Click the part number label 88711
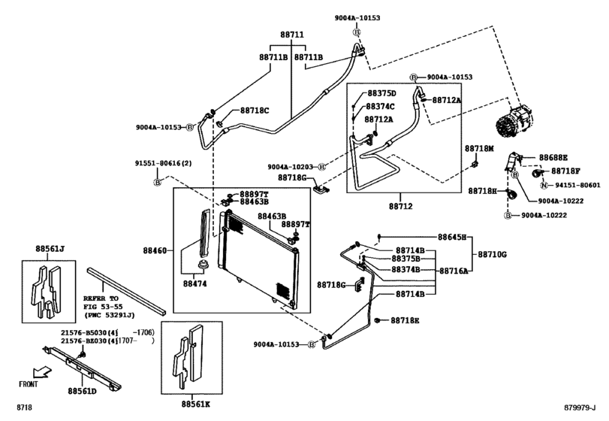point(292,35)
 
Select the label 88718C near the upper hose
point(255,111)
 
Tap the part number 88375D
point(381,93)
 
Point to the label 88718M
point(478,149)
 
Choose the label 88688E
point(553,157)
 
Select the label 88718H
point(483,192)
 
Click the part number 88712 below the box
point(402,205)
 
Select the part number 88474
point(196,284)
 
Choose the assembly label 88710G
point(493,255)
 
